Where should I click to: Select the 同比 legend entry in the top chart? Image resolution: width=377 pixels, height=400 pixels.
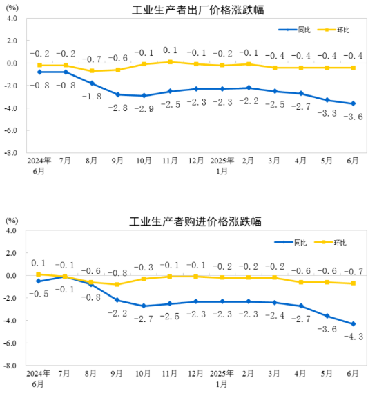pos(295,30)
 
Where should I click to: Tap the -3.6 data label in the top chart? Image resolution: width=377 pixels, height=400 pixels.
pos(354,117)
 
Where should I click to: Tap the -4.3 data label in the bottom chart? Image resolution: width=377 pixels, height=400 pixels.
pos(354,336)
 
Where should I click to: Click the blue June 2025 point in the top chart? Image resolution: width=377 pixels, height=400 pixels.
pos(354,103)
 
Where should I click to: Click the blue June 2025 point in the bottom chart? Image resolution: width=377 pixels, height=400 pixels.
pos(354,324)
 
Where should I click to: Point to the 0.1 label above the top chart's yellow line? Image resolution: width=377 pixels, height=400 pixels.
pos(171,50)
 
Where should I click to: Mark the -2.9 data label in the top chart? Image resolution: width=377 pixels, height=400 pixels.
pos(144,109)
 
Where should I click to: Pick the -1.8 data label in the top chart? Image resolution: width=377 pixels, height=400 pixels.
pos(92,97)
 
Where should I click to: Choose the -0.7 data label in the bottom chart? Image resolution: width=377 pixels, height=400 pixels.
pos(354,272)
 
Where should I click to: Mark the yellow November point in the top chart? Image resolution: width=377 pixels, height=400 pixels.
pos(171,61)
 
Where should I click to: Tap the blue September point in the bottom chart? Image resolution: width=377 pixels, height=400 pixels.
pos(117,300)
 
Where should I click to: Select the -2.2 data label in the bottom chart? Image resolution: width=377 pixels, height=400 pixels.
pos(117,313)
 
